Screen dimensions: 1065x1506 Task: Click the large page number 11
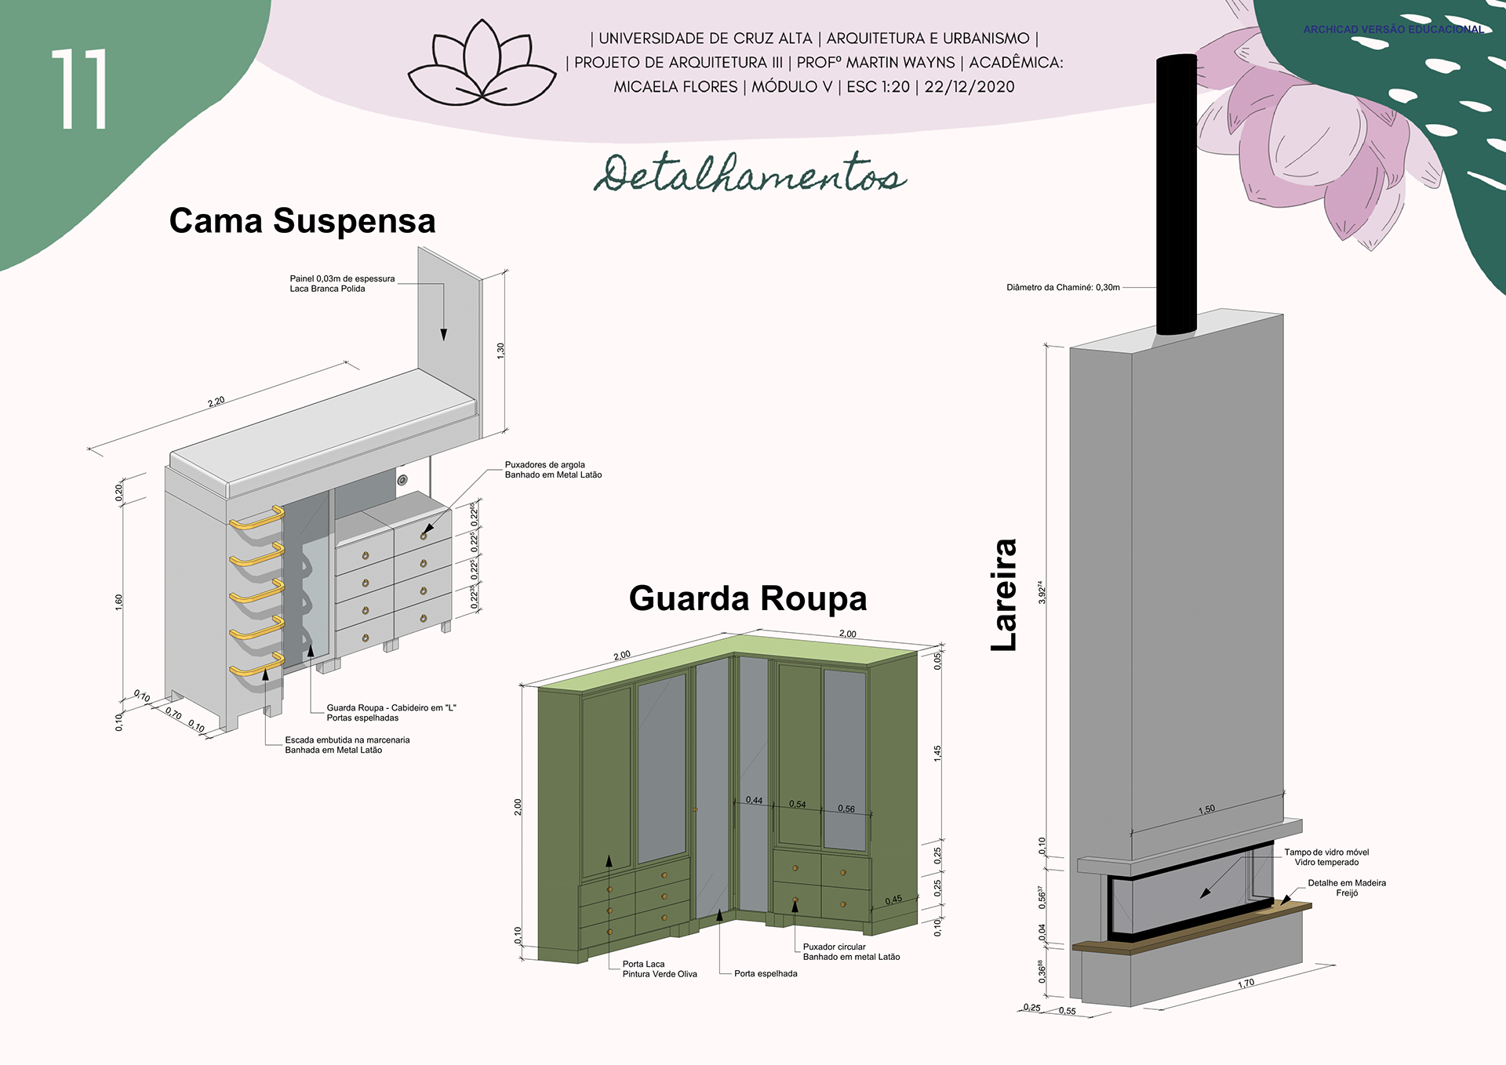[79, 89]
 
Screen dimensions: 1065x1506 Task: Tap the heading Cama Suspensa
[302, 220]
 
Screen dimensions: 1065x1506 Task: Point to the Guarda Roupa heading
[748, 598]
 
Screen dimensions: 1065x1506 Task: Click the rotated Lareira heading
[1003, 594]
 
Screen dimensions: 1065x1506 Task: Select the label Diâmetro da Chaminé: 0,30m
[1063, 288]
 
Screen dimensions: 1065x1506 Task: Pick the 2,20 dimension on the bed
[216, 402]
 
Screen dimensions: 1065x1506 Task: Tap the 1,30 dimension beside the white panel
[500, 351]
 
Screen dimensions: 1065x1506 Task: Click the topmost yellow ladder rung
[256, 518]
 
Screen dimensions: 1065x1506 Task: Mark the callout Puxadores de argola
[553, 470]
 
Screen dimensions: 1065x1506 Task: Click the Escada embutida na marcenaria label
[347, 745]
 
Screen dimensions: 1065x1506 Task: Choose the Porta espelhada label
[766, 974]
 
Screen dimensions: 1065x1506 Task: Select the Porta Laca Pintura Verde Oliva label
[659, 969]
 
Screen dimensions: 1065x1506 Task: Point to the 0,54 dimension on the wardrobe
[797, 805]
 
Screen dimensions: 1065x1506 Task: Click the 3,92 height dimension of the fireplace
[1042, 592]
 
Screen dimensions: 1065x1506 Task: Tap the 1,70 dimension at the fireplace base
[1246, 983]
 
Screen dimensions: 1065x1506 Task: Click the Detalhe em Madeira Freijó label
[1346, 888]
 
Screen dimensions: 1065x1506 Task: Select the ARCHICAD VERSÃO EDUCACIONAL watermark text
[1393, 30]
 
